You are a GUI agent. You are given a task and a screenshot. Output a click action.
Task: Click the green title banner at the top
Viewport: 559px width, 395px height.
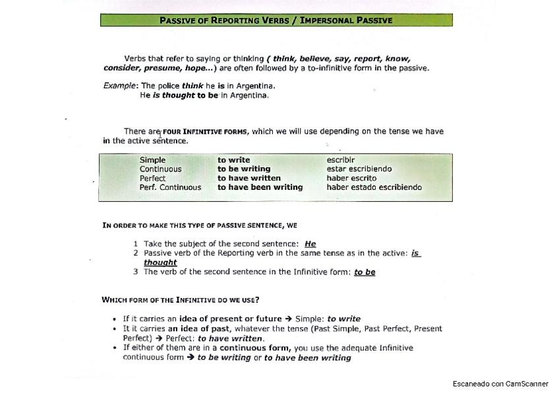(x=276, y=20)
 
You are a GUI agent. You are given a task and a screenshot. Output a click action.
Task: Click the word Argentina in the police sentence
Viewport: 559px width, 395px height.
(x=254, y=86)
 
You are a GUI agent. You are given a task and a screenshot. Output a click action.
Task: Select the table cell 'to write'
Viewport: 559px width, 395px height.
(x=233, y=160)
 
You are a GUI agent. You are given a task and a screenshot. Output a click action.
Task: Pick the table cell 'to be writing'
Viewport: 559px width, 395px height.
(x=244, y=169)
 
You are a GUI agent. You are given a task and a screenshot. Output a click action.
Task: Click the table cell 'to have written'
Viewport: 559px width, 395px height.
(x=249, y=178)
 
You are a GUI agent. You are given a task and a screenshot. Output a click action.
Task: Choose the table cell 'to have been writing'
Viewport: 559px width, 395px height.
(x=260, y=187)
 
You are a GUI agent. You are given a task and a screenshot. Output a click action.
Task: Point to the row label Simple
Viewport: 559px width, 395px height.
(x=152, y=160)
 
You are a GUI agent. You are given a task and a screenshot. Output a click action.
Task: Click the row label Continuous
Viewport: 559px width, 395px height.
(x=160, y=169)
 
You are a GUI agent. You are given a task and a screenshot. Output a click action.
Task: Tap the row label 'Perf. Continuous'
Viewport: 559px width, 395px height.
(x=170, y=187)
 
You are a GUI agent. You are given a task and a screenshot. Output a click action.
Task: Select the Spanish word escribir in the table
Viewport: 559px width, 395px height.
(x=340, y=160)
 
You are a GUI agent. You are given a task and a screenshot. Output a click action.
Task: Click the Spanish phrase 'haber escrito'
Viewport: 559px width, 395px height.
(x=351, y=178)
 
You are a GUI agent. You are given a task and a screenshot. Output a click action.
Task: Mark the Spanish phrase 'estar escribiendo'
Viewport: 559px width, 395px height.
(x=359, y=169)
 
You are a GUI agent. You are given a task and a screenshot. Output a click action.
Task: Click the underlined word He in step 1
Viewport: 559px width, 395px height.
(x=310, y=244)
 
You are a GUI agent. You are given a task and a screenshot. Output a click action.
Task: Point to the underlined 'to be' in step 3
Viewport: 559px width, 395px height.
(x=365, y=272)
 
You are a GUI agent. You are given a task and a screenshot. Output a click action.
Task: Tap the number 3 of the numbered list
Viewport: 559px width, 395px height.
(x=136, y=272)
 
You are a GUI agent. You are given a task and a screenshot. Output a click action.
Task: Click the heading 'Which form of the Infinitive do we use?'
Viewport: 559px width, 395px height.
(x=180, y=300)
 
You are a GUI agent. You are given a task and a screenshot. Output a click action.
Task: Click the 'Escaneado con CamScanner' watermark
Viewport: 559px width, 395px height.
(x=500, y=384)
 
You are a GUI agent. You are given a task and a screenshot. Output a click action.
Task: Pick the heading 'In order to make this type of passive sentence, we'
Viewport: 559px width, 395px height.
(x=200, y=226)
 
